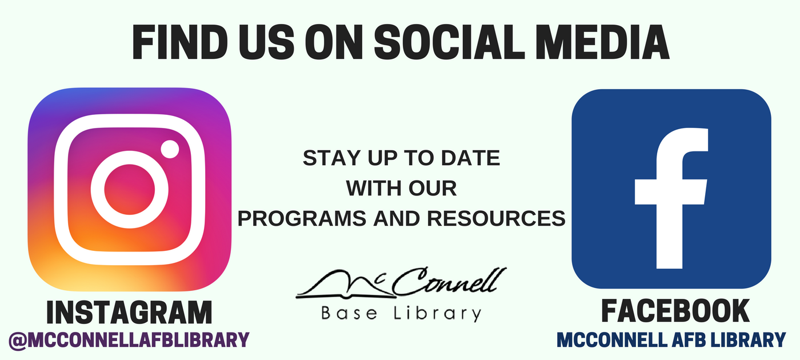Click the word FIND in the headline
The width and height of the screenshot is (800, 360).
click(180, 42)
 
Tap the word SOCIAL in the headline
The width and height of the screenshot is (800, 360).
click(449, 42)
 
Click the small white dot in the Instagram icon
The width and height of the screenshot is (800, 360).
click(170, 149)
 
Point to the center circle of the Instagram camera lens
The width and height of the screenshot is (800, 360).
click(129, 190)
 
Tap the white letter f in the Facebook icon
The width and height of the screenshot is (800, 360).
click(671, 198)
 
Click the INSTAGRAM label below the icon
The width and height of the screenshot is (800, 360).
click(129, 313)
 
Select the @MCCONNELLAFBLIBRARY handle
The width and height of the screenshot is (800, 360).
click(129, 339)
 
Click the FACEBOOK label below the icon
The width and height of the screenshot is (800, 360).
click(675, 311)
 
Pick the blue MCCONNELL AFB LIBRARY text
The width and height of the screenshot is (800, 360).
click(671, 339)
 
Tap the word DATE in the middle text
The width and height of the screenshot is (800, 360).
click(470, 158)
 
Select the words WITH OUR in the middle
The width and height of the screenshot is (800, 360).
click(401, 188)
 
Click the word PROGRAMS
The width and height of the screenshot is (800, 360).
click(302, 218)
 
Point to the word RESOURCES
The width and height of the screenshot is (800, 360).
click(496, 218)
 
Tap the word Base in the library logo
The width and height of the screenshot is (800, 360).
click(349, 313)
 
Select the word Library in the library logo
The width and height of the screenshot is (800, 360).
click(438, 314)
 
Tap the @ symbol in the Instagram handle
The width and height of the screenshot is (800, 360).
click(18, 341)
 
